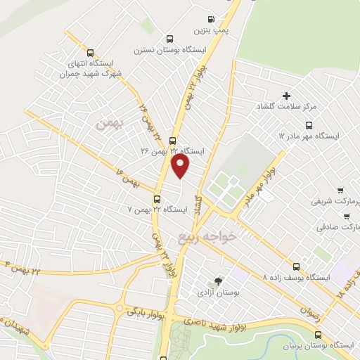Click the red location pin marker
click(x=181, y=166)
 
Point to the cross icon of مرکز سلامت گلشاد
click(x=285, y=96)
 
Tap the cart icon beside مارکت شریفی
click(x=340, y=190)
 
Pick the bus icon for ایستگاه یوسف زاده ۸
click(x=297, y=266)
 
